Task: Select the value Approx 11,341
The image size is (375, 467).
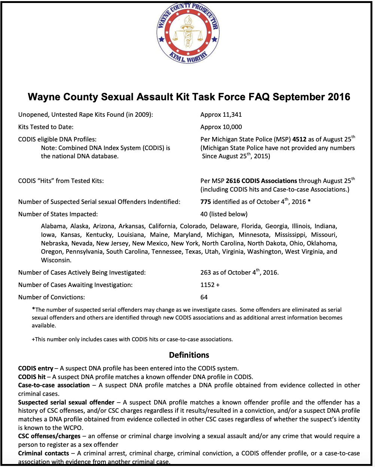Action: click(221, 115)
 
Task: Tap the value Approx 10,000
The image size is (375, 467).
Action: click(221, 127)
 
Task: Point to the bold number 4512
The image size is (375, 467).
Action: click(299, 140)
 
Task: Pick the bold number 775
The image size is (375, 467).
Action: click(205, 202)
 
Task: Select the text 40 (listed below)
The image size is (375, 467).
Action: click(224, 214)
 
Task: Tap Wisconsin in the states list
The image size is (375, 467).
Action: click(56, 260)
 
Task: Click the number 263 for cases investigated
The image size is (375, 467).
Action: click(206, 272)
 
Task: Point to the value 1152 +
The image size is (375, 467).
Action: click(210, 285)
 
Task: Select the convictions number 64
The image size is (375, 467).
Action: click(204, 297)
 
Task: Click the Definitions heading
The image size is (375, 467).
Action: click(189, 355)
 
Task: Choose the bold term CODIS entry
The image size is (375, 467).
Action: click(36, 368)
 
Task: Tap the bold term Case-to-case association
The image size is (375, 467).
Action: click(54, 385)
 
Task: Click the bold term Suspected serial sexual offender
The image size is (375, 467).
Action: click(66, 402)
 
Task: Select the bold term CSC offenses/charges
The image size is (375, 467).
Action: click(49, 436)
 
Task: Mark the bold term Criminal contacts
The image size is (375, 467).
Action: click(44, 453)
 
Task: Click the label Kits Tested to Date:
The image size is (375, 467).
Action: click(46, 127)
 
